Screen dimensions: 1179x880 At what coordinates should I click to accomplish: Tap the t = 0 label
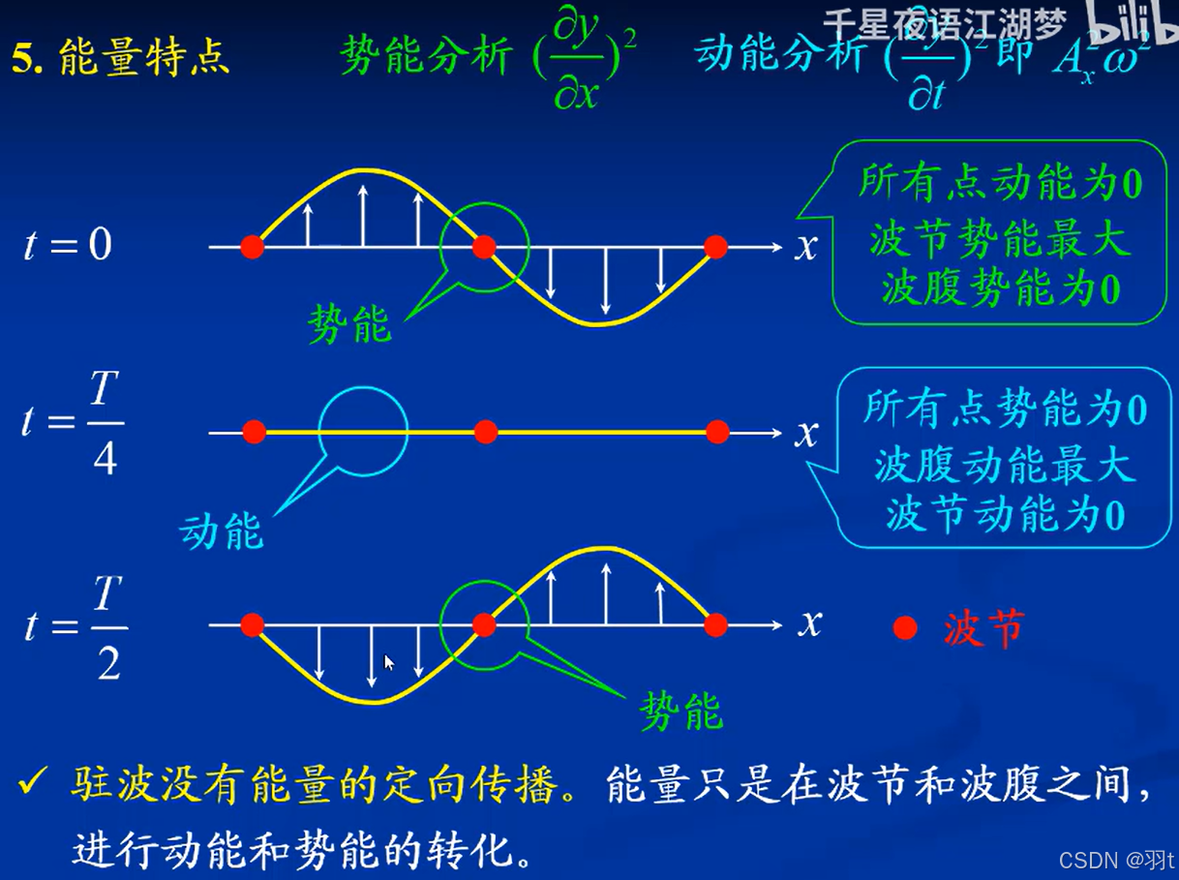pos(68,245)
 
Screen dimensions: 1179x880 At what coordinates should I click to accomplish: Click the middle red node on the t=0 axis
pos(484,247)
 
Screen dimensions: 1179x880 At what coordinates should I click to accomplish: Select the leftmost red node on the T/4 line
pos(254,432)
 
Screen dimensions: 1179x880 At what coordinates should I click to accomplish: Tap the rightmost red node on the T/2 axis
pos(715,625)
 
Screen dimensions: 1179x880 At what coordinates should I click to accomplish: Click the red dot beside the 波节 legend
pos(905,629)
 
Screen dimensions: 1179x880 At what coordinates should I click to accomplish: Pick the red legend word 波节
pos(982,630)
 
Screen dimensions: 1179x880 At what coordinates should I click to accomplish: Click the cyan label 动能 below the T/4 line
pos(222,531)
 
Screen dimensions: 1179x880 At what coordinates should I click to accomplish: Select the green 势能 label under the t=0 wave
pos(349,324)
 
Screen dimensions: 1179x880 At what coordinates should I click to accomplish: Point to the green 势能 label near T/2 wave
pos(680,713)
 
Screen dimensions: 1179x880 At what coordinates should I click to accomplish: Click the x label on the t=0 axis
pos(806,247)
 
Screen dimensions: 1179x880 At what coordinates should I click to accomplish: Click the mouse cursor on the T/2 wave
pos(388,662)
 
